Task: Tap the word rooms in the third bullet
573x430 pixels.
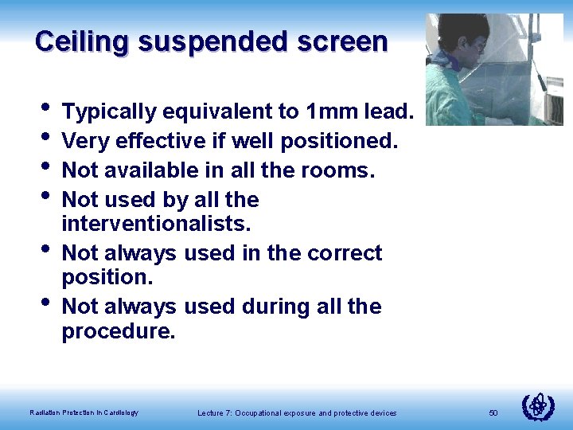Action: pos(345,170)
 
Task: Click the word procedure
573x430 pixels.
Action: pos(118,330)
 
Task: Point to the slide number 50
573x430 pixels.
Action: pos(493,412)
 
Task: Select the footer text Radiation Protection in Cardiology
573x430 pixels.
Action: pos(84,412)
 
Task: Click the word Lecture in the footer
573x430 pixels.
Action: pos(211,412)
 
